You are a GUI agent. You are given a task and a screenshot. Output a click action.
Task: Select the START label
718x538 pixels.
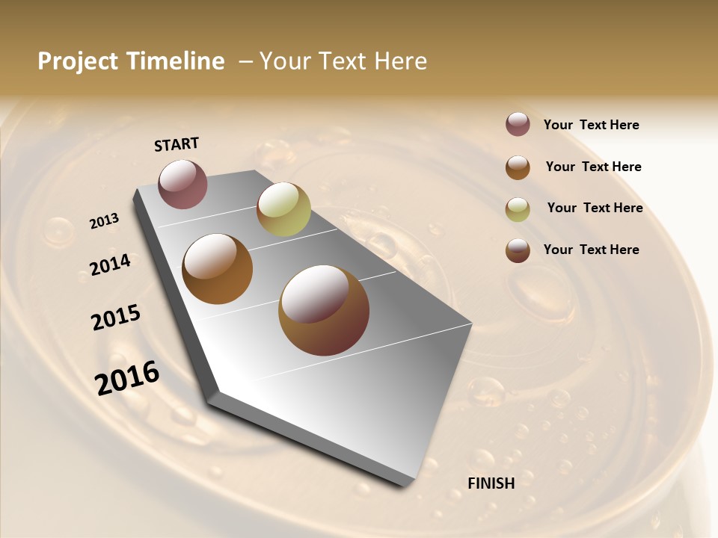[177, 144]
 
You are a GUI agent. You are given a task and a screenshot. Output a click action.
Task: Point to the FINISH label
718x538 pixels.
[491, 483]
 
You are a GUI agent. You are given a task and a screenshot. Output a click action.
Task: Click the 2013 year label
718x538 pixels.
[104, 221]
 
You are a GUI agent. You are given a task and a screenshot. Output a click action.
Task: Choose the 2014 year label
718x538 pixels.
[110, 265]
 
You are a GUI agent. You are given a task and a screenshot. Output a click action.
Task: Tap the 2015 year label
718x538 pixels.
[116, 318]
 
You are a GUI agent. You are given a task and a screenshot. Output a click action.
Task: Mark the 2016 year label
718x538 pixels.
[127, 377]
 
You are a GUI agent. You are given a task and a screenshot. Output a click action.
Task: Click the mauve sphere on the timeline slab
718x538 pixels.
[182, 184]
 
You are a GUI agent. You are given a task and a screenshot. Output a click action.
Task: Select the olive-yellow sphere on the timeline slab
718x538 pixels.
[283, 209]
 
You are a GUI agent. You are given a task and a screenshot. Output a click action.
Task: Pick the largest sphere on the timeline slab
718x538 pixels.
[324, 310]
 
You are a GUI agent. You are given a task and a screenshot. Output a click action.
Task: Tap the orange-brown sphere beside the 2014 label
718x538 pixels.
[217, 269]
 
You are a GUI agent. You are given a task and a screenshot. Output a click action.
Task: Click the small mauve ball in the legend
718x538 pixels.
[518, 125]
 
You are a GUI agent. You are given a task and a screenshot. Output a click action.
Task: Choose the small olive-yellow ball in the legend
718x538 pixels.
[518, 208]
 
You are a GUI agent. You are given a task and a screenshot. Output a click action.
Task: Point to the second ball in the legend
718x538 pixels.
[518, 167]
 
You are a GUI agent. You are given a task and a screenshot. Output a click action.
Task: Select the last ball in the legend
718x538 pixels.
[518, 250]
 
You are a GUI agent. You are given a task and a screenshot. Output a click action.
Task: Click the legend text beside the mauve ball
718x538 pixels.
[592, 125]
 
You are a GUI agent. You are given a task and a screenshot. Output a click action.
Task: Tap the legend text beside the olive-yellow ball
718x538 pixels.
[595, 208]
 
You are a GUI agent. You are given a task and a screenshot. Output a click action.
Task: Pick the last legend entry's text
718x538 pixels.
[592, 250]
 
